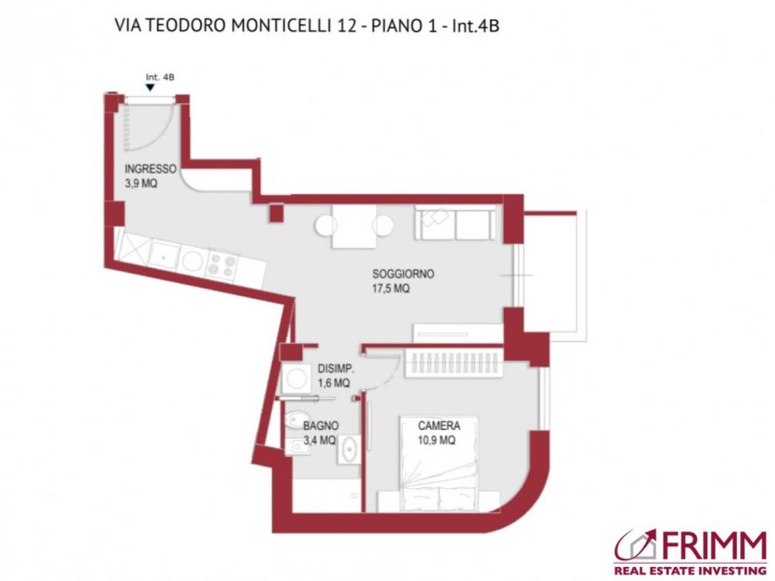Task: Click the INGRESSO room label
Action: tap(150, 169)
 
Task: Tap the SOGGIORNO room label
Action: tap(402, 273)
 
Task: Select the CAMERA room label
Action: tap(439, 425)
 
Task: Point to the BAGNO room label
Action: tap(320, 426)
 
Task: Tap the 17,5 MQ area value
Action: tap(391, 288)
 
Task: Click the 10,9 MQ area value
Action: tap(436, 440)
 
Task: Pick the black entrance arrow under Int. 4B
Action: tap(150, 88)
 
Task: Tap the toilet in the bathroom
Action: tap(292, 422)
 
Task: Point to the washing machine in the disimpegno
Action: tap(295, 380)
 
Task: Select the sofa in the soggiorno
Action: tap(455, 223)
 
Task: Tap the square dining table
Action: tap(354, 226)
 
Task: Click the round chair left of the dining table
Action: tap(325, 226)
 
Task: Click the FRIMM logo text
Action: tap(711, 546)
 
